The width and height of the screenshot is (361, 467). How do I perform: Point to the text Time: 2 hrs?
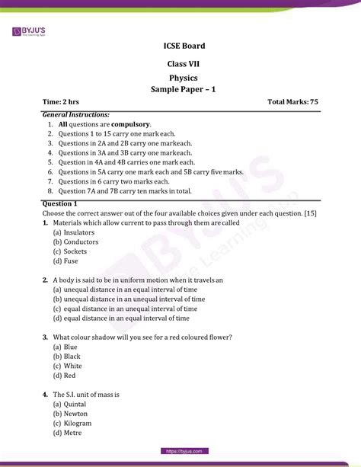coord(64,101)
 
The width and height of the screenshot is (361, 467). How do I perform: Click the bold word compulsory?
coord(131,123)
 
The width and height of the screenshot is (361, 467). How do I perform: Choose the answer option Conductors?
coord(81,241)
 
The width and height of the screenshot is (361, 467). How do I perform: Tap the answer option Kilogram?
coord(78,423)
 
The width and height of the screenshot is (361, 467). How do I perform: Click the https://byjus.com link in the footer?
coord(180,451)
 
